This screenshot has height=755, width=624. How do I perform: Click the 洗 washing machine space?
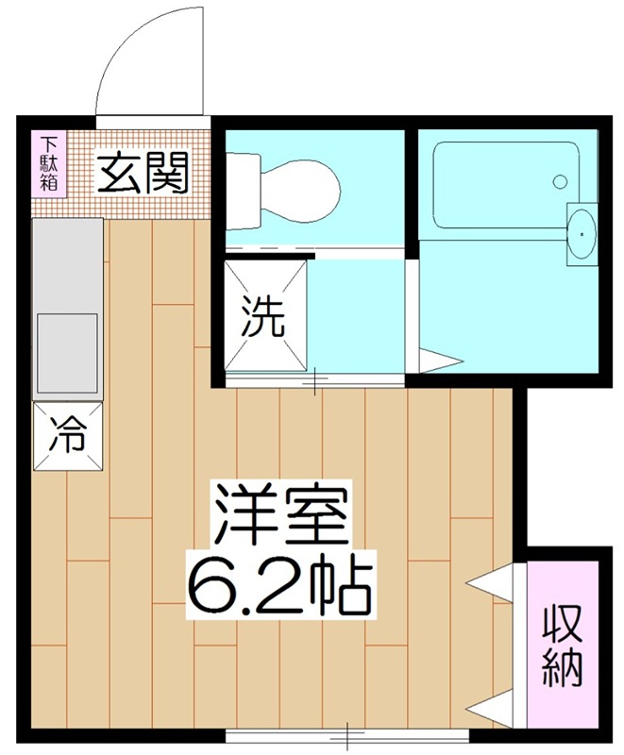click(x=263, y=318)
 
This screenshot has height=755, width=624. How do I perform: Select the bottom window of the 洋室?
click(x=347, y=733)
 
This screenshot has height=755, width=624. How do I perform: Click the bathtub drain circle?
click(x=561, y=180)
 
